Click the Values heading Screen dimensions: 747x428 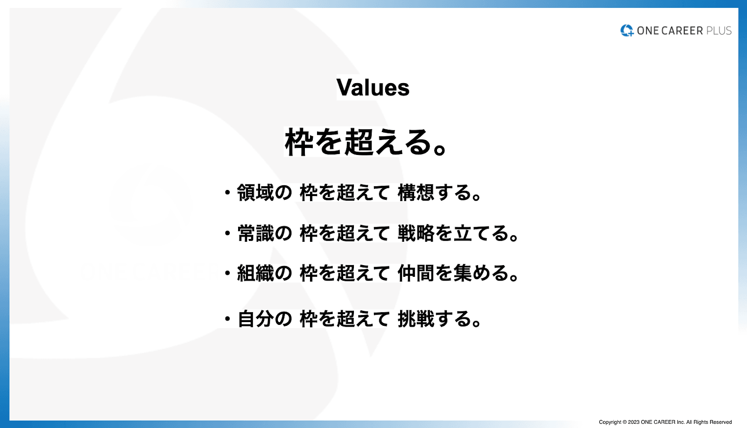click(373, 87)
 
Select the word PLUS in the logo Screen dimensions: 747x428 click(719, 31)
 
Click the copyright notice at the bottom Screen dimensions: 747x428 click(665, 422)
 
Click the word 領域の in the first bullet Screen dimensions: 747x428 click(264, 193)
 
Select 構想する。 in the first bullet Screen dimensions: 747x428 click(439, 193)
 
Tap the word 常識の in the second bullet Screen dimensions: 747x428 click(264, 233)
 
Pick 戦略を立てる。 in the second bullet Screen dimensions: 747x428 click(458, 233)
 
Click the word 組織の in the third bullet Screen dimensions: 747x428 click(264, 273)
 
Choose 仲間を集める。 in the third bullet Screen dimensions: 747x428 click(458, 273)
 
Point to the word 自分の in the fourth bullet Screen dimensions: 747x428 click(264, 319)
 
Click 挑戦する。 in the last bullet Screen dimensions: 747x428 click(439, 319)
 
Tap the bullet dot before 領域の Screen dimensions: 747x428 click(227, 192)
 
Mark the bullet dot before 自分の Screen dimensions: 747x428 click(227, 319)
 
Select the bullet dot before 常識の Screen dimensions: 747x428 click(227, 232)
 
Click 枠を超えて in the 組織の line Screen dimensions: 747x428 click(345, 273)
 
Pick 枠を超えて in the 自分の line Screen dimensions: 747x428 click(345, 319)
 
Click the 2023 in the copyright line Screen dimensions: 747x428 click(633, 422)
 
